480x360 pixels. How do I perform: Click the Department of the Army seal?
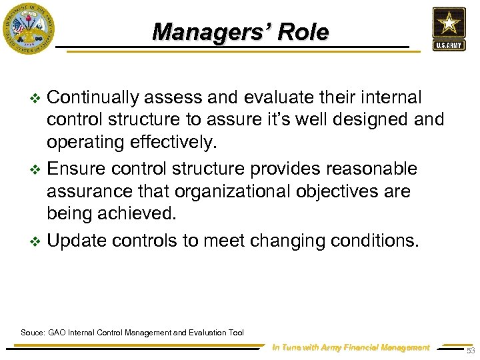28,28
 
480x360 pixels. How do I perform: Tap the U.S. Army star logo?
449,29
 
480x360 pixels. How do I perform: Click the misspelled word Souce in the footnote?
33,332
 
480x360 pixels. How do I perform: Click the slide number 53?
470,351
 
